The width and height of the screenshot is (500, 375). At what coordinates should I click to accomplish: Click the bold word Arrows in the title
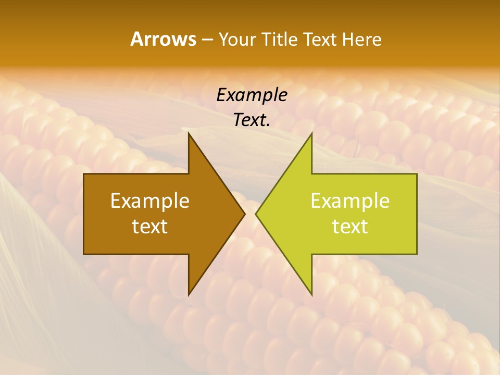[x=163, y=39]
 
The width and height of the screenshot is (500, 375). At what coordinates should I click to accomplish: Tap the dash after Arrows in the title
[x=206, y=40]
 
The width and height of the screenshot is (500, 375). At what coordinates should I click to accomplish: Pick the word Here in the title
[x=362, y=40]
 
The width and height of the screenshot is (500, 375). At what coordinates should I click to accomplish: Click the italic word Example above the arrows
[x=252, y=95]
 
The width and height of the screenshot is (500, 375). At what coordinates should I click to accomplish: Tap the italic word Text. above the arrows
[x=252, y=120]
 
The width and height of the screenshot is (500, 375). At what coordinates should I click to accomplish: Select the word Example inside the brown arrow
[x=150, y=201]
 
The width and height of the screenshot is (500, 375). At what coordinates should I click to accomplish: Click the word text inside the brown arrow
[x=150, y=227]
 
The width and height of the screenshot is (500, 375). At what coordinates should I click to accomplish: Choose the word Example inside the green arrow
[x=350, y=201]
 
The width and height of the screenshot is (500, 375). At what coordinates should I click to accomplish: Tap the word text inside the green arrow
[x=350, y=227]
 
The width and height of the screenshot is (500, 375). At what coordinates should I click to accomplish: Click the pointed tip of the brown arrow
[x=244, y=214]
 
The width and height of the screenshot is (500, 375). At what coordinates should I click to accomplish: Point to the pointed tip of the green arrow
[x=256, y=214]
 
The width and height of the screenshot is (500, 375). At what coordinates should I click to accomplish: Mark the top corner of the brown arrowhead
[x=189, y=133]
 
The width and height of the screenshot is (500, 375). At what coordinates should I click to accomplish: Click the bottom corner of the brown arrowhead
[x=189, y=295]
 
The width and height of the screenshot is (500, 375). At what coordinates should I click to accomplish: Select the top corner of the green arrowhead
[x=311, y=133]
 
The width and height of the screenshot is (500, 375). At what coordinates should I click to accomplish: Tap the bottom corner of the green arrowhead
[x=311, y=295]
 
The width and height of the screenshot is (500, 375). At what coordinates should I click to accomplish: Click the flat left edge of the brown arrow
[x=84, y=214]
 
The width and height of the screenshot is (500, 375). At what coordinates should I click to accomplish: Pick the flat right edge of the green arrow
[x=417, y=214]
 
